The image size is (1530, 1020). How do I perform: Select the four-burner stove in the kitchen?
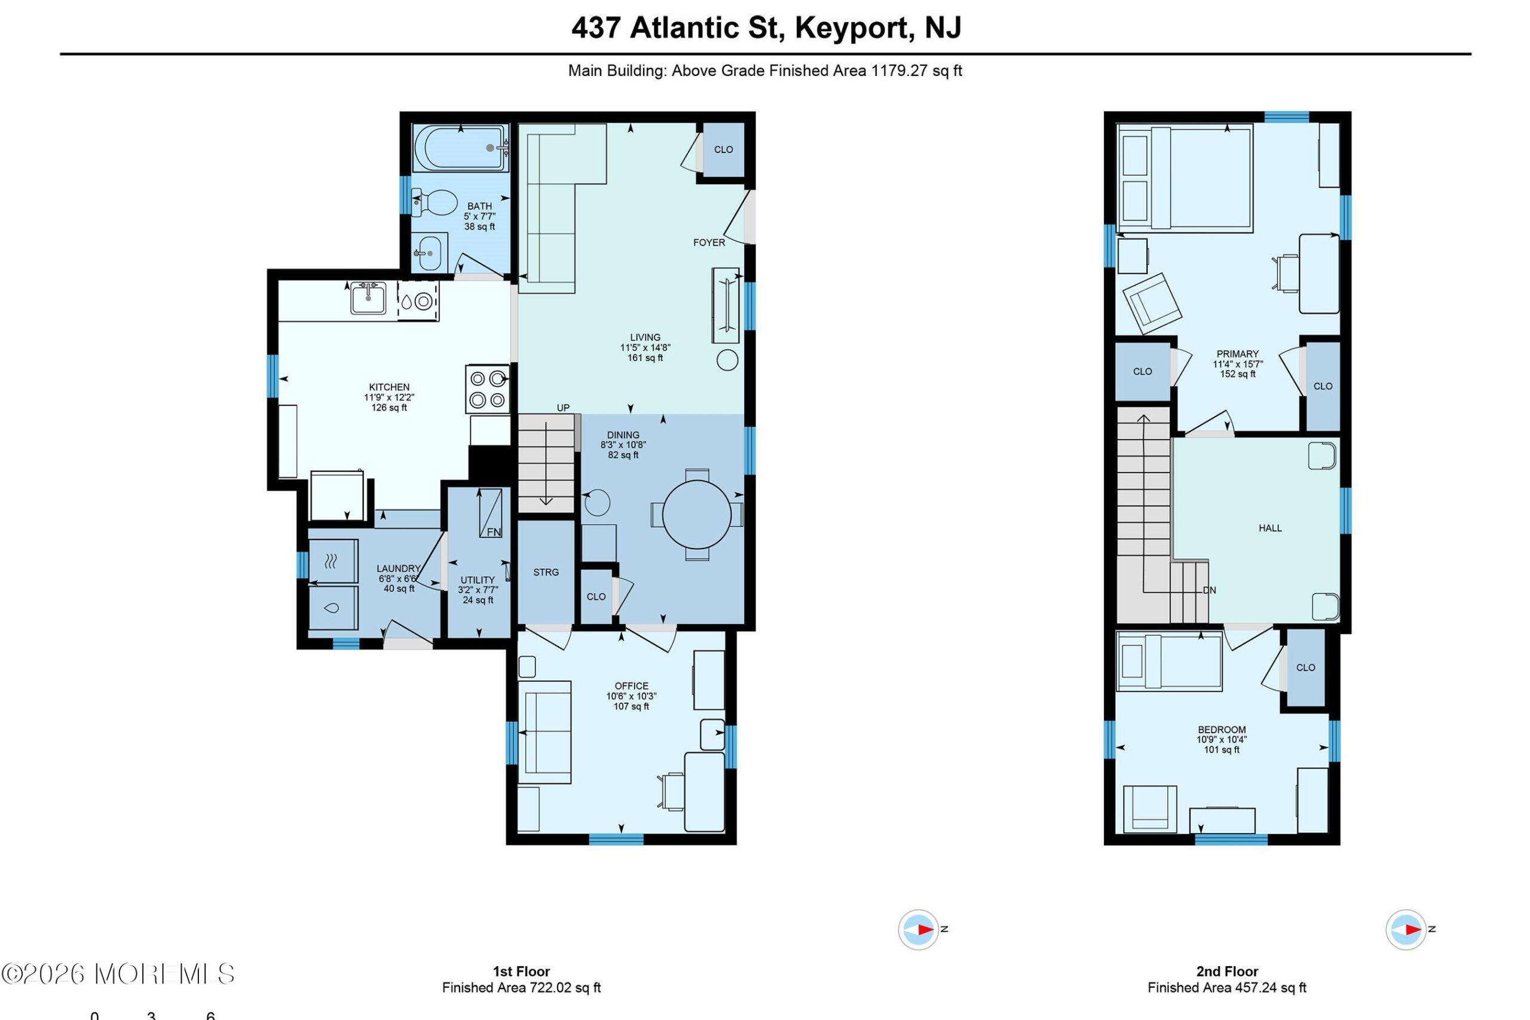[487, 389]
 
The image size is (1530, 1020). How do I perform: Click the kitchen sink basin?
[368, 299]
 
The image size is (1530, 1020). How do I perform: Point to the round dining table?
[697, 514]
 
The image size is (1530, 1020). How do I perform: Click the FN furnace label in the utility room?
[494, 532]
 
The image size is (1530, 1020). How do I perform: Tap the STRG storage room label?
[546, 572]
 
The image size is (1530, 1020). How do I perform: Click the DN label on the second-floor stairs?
[1209, 590]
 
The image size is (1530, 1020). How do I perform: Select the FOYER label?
[709, 243]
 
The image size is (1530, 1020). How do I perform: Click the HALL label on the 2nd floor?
[1270, 528]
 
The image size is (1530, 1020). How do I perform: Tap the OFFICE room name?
[632, 685]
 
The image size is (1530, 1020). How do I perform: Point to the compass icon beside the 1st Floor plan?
[918, 930]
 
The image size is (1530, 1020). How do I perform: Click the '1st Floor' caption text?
[521, 972]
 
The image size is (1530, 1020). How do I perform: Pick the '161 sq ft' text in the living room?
[645, 358]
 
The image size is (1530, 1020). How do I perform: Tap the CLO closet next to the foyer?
[723, 149]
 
